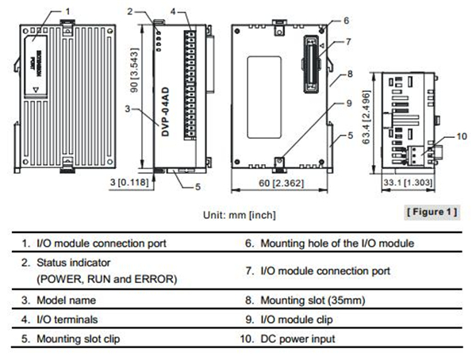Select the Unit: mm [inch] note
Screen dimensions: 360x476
pos(237,214)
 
